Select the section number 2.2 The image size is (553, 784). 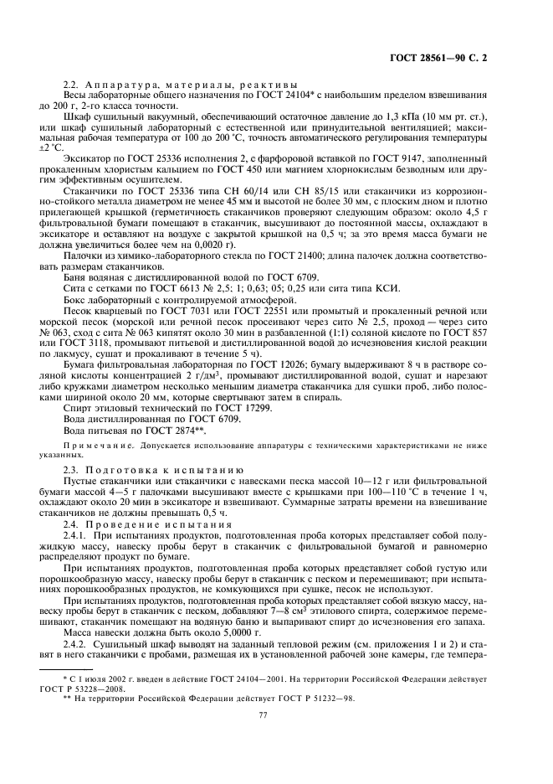point(72,85)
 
